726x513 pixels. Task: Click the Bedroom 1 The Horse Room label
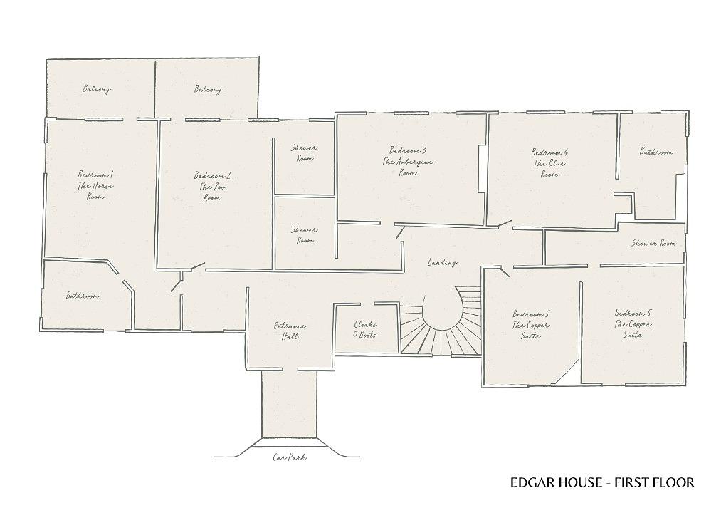[x=95, y=186]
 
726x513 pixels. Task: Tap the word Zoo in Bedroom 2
[x=217, y=187]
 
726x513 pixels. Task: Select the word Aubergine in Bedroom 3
[x=416, y=162]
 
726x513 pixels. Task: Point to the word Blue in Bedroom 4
[x=556, y=163]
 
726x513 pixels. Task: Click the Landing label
[x=442, y=263]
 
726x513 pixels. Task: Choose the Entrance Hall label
[x=290, y=331]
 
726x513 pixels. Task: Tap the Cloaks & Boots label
[x=365, y=329]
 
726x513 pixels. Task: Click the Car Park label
[x=290, y=457]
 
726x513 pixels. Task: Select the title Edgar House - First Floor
[x=602, y=482]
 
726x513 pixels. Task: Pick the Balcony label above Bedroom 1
[x=97, y=89]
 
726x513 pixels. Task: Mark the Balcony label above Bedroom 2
[x=208, y=89]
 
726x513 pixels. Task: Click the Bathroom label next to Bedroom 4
[x=656, y=151]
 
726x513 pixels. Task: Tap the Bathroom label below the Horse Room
[x=83, y=295]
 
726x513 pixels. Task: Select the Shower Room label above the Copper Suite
[x=654, y=243]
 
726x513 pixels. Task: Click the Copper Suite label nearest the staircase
[x=530, y=324]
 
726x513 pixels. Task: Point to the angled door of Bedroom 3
[x=400, y=232]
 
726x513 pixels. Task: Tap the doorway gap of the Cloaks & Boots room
[x=367, y=304]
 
